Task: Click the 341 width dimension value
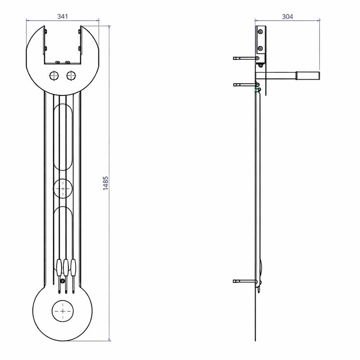click(63, 16)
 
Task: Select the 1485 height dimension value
click(106, 183)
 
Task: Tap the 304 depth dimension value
click(287, 16)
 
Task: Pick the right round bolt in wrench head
click(71, 76)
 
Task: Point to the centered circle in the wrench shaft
click(63, 189)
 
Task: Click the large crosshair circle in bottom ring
click(63, 311)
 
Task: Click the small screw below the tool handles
click(62, 282)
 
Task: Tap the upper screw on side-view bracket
click(261, 32)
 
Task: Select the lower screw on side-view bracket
click(261, 49)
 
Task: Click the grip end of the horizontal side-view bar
click(308, 76)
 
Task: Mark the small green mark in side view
click(256, 90)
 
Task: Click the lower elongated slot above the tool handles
click(63, 229)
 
